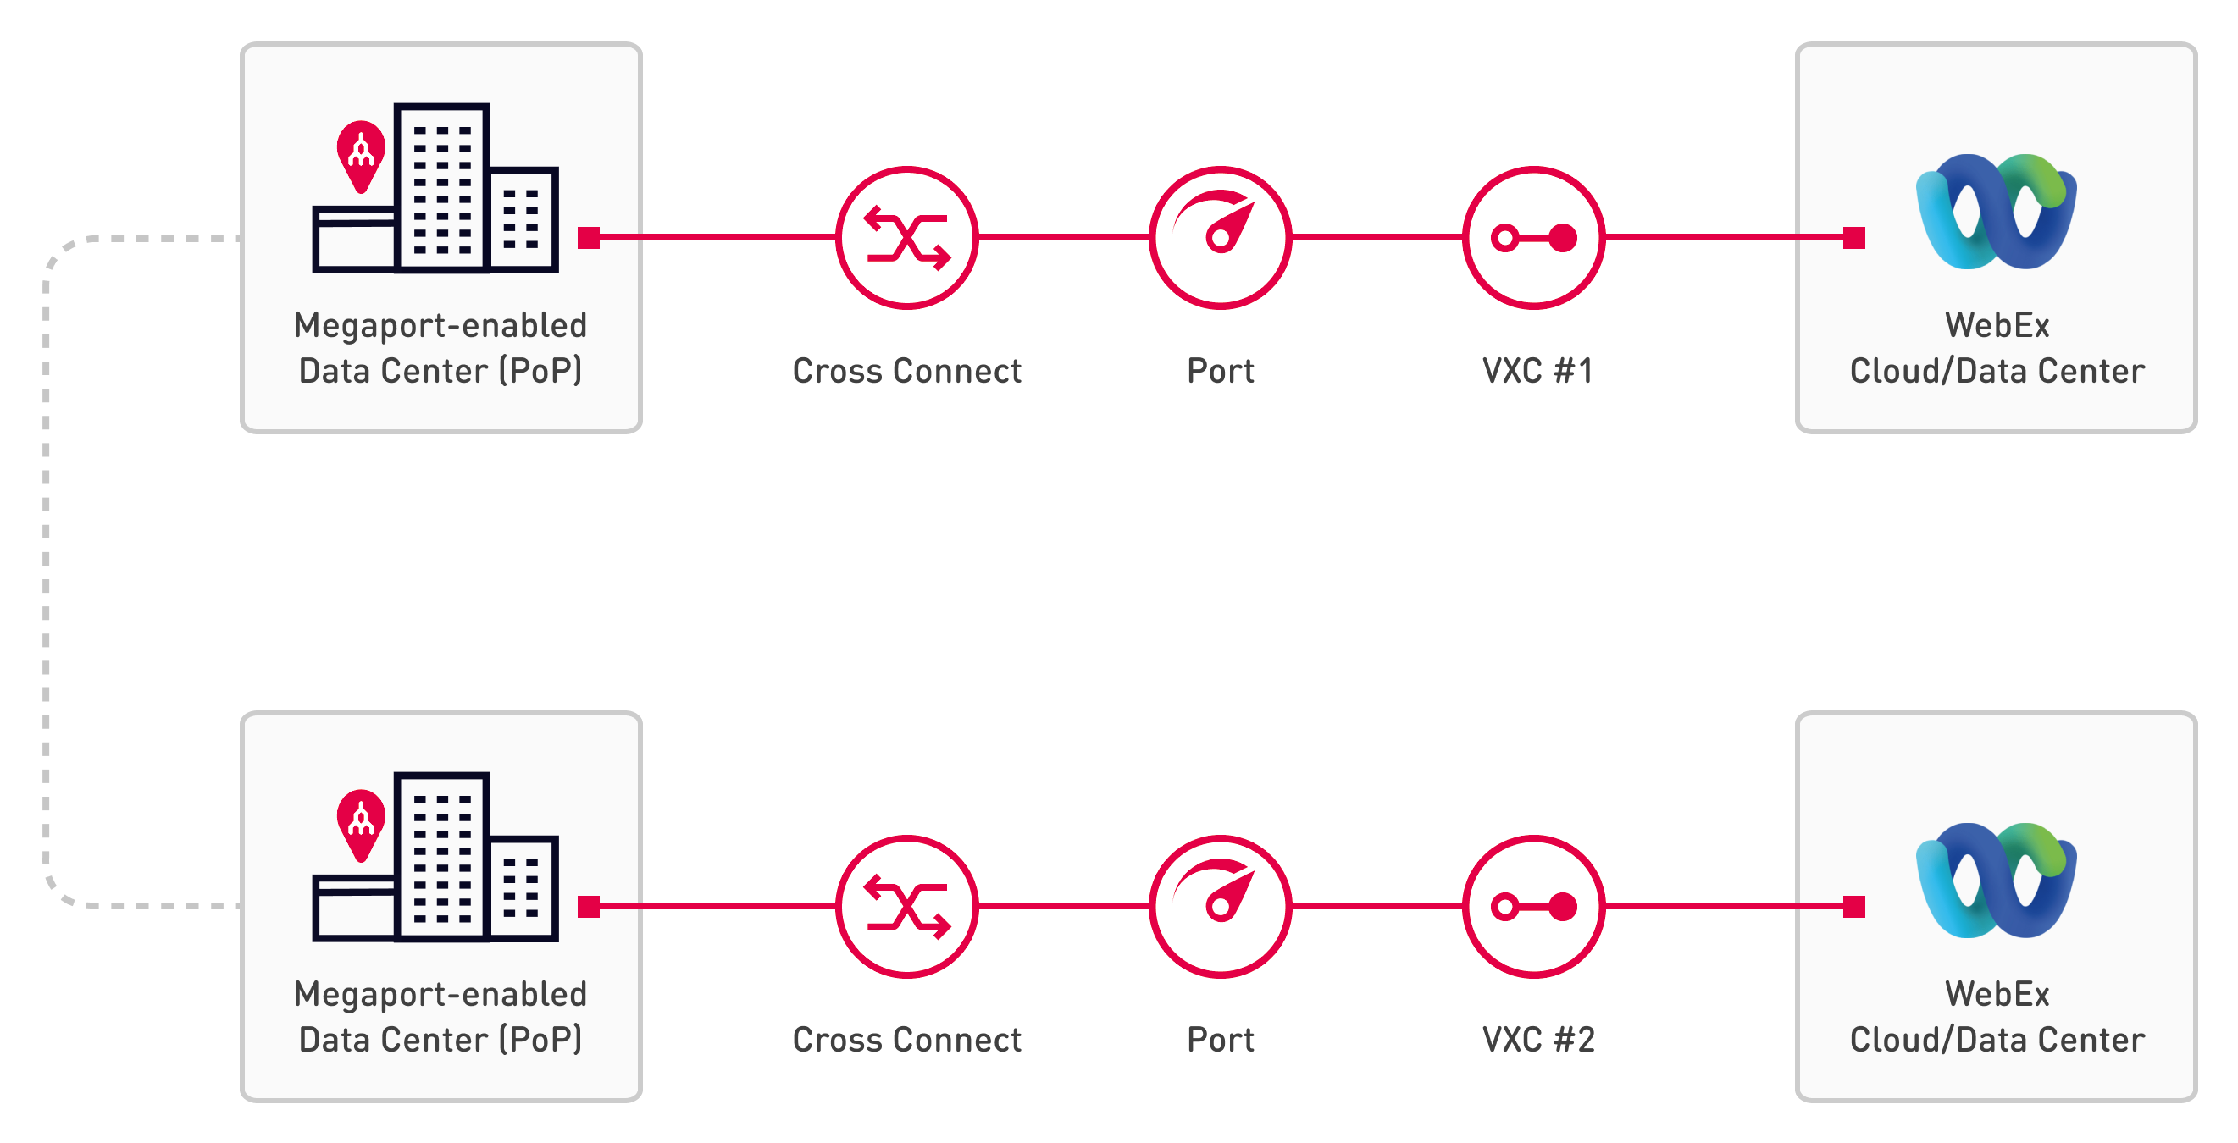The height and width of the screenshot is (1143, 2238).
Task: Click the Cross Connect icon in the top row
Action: (x=906, y=237)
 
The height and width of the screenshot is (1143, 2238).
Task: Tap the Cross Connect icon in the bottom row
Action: (x=906, y=906)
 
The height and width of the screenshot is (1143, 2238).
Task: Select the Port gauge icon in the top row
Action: (x=1220, y=237)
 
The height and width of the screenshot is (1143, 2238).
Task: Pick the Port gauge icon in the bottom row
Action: (x=1220, y=906)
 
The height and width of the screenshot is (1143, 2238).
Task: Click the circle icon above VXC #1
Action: (x=1533, y=237)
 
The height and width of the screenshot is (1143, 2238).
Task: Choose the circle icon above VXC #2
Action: (x=1533, y=906)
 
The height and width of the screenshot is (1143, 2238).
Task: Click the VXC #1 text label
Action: (x=1537, y=371)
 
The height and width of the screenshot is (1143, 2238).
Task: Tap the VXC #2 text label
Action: (x=1537, y=1040)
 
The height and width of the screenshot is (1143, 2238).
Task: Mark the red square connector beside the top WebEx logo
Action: (x=1854, y=237)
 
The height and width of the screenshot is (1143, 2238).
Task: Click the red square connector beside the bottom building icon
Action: (x=588, y=906)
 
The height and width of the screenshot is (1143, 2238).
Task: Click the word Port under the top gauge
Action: (x=1220, y=371)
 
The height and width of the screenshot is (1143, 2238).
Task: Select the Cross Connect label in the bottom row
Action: (x=906, y=1040)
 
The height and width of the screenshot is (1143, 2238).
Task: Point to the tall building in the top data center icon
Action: (x=441, y=187)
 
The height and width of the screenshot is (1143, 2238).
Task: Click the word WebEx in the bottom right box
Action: (x=1997, y=994)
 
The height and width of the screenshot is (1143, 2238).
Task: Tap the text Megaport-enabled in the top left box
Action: (x=440, y=326)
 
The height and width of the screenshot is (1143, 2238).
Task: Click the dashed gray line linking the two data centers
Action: (x=46, y=571)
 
